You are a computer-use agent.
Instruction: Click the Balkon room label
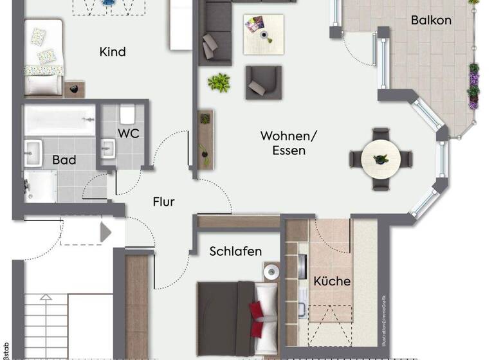point(431,20)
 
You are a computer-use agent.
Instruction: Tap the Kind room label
point(113,51)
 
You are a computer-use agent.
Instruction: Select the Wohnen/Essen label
point(283,143)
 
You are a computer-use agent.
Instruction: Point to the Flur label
point(163,202)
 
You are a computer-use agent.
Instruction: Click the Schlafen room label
point(235,251)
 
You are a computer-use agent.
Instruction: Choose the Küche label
point(332,281)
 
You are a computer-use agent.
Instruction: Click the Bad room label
point(64,159)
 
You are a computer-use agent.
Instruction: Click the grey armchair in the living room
point(263,82)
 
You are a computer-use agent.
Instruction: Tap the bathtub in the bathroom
point(59,120)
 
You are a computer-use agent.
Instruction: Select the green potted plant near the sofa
point(219,82)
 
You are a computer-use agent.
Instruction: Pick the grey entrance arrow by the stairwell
point(105,231)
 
